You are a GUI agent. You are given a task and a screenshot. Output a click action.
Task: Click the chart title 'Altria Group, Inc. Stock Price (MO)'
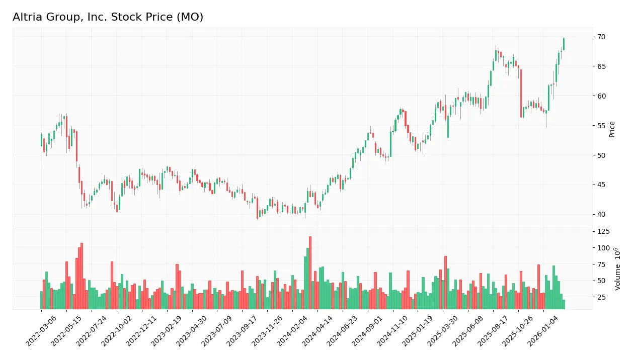108,17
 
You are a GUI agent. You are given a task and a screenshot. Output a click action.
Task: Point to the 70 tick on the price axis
601,37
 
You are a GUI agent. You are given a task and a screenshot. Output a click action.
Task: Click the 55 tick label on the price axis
601,126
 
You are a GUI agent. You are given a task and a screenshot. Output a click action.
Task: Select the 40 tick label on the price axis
601,215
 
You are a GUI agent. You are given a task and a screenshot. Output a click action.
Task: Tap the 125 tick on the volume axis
603,232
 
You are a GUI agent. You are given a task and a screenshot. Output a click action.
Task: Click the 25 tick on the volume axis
601,298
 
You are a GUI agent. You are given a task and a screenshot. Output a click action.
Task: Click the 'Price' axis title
612,129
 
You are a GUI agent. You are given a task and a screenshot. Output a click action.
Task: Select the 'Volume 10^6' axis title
617,268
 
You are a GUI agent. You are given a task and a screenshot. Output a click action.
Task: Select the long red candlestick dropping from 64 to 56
521,94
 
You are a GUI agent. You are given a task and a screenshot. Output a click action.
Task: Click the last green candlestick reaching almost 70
564,44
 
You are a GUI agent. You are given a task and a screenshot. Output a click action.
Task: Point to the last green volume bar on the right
564,304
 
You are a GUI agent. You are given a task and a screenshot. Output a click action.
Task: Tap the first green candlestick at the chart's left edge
41,140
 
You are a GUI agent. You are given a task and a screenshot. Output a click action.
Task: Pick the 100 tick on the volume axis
603,248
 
